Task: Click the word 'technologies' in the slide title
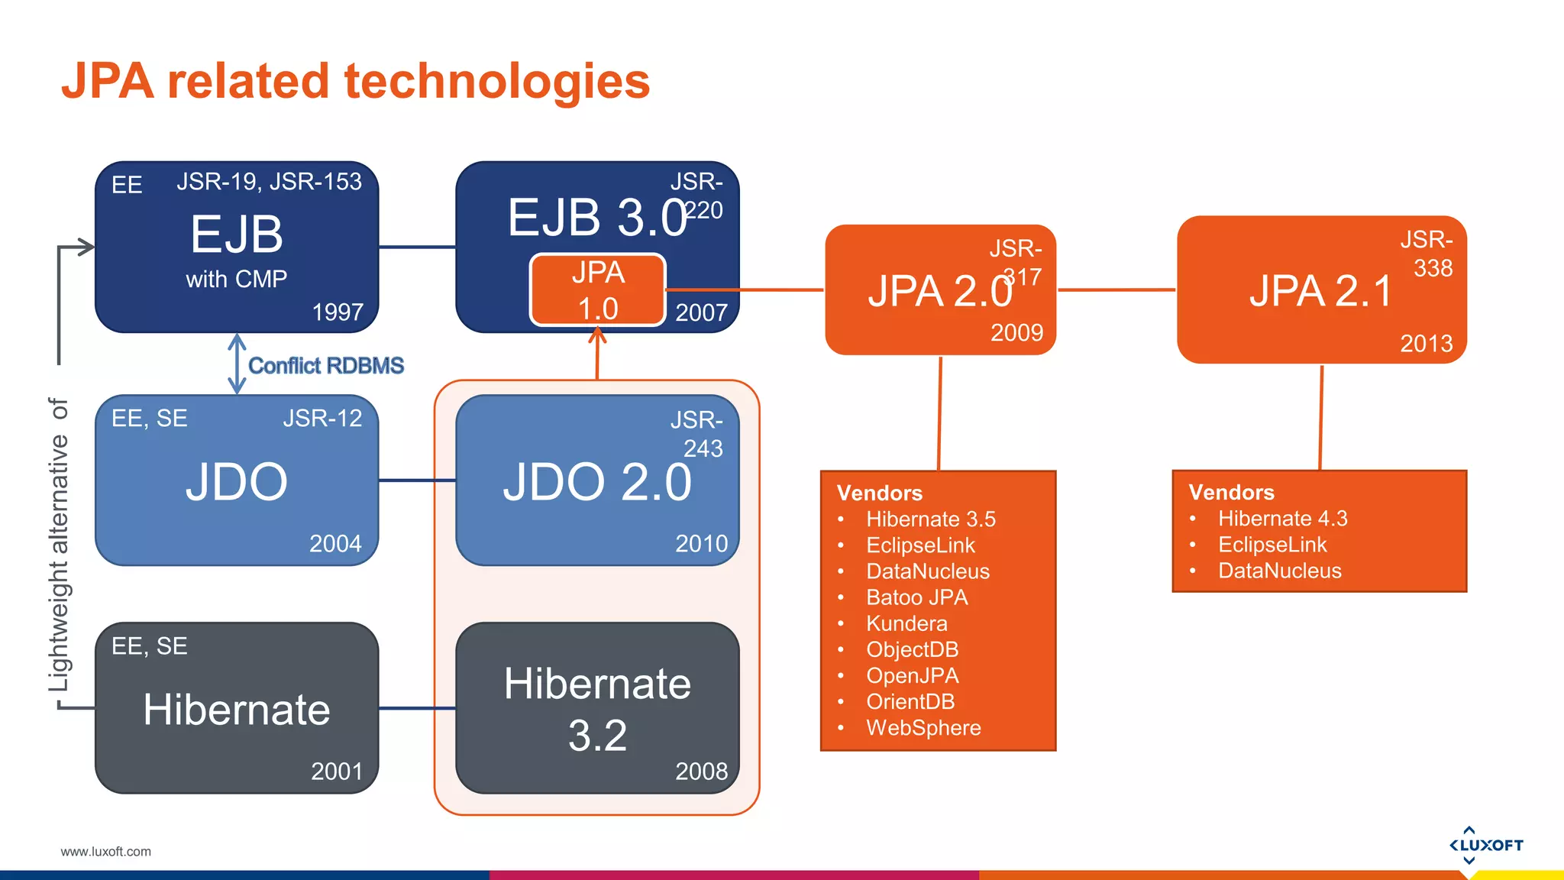click(496, 82)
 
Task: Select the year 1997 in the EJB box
click(338, 312)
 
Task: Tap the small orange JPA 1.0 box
click(598, 290)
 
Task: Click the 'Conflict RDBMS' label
click(326, 366)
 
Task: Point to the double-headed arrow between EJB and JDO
click(237, 364)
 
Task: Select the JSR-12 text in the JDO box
click(322, 419)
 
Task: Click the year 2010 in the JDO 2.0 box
click(701, 543)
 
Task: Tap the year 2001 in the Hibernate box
click(337, 771)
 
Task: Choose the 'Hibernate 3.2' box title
click(597, 709)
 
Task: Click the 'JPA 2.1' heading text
click(1320, 291)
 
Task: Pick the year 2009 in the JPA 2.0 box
click(1016, 332)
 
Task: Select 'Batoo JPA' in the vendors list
click(916, 597)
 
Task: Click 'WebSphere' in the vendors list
click(923, 727)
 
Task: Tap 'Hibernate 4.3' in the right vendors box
click(1282, 519)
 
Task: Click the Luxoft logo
click(1485, 845)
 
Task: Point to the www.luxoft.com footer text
click(105, 851)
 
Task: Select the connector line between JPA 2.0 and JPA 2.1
click(1116, 290)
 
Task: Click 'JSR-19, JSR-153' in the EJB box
click(269, 182)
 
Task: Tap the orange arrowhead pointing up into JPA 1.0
click(598, 335)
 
